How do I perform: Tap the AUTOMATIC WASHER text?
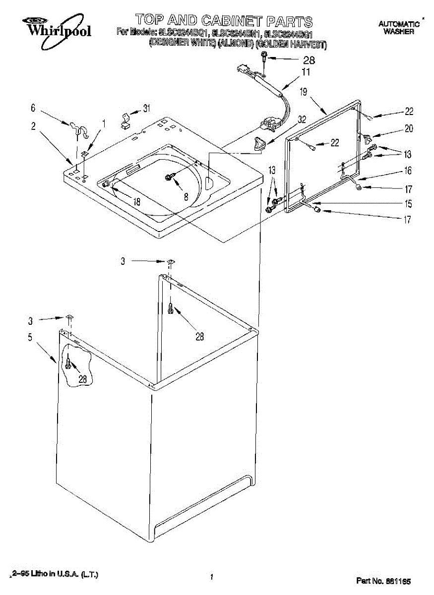pyautogui.click(x=399, y=28)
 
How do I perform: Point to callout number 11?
pyautogui.click(x=306, y=72)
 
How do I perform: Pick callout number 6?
pyautogui.click(x=33, y=107)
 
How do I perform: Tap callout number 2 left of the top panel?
pyautogui.click(x=33, y=126)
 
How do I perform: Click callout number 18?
pyautogui.click(x=136, y=201)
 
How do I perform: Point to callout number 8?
pyautogui.click(x=186, y=196)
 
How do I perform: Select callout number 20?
pyautogui.click(x=408, y=128)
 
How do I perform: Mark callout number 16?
pyautogui.click(x=408, y=171)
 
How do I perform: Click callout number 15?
pyautogui.click(x=408, y=203)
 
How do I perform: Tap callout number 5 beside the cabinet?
pyautogui.click(x=30, y=338)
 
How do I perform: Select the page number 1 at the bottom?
pyautogui.click(x=212, y=577)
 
